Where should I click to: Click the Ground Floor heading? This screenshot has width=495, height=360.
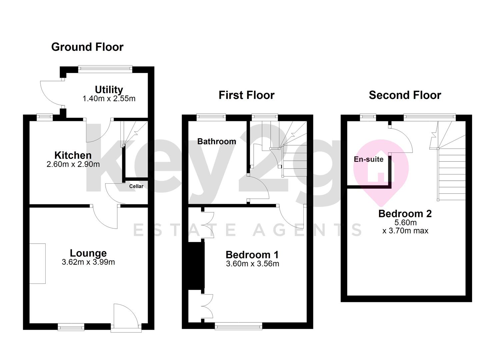click(x=87, y=47)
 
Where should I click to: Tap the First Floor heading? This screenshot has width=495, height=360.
click(x=247, y=95)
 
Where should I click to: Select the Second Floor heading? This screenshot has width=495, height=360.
click(x=405, y=95)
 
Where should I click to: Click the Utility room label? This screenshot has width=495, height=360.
click(x=109, y=90)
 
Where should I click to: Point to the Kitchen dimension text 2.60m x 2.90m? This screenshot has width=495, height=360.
click(x=73, y=164)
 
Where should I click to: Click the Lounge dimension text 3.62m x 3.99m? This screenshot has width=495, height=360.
click(x=88, y=262)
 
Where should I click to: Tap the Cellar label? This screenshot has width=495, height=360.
click(x=136, y=186)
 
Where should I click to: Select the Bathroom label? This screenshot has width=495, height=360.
click(x=217, y=141)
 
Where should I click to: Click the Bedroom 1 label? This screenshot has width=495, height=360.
click(x=252, y=255)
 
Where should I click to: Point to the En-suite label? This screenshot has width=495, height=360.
click(x=369, y=159)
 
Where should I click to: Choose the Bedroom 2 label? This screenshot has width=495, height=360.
click(x=405, y=214)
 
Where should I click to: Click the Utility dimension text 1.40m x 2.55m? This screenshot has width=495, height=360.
click(x=109, y=99)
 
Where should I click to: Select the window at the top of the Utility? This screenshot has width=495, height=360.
click(x=105, y=69)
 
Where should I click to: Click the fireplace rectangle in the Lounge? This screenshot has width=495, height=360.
click(x=38, y=264)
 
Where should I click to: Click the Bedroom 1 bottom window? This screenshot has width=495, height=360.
click(x=238, y=326)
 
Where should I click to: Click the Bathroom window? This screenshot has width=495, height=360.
click(x=211, y=117)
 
